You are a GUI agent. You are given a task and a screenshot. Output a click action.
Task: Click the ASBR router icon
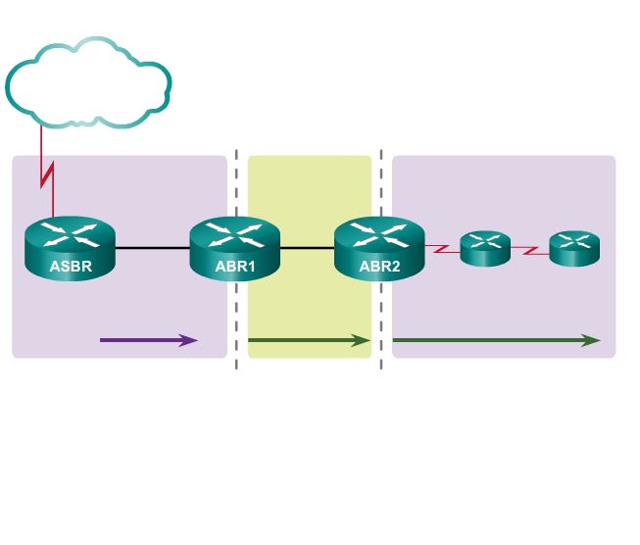point(70,250)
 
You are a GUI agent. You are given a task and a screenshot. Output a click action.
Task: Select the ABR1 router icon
point(235,250)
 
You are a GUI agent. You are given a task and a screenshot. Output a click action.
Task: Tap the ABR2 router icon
point(379,250)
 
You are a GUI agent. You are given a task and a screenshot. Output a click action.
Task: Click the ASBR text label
point(70,266)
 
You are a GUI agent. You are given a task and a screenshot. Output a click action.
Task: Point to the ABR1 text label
point(235,266)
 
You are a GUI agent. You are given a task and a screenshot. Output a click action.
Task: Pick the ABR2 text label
point(379,266)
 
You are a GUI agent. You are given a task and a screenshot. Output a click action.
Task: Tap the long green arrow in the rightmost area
point(495,340)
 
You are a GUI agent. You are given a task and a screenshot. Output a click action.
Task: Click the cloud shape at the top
point(88,83)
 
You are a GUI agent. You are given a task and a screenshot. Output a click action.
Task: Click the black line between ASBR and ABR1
point(152,248)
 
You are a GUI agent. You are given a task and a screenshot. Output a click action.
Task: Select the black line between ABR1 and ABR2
point(307,248)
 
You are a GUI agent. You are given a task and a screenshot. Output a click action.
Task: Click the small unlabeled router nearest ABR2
point(485,249)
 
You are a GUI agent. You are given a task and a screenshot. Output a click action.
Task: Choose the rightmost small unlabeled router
point(573,249)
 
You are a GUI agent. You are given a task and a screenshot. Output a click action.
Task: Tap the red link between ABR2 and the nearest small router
point(442,249)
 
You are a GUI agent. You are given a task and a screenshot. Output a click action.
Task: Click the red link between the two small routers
point(529,251)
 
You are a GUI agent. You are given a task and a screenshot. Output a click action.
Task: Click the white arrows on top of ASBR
point(70,235)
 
